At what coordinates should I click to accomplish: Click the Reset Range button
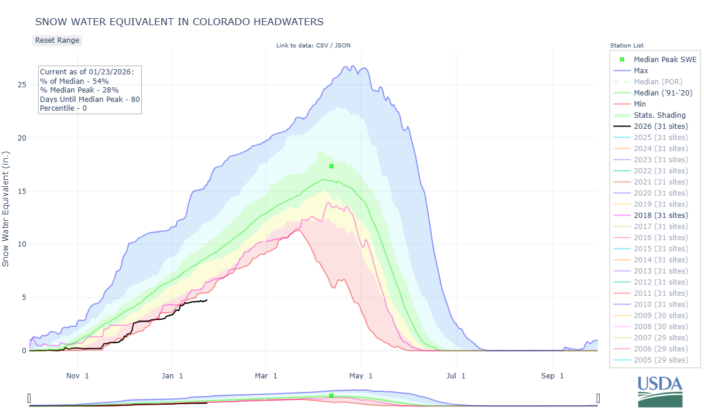pos(57,40)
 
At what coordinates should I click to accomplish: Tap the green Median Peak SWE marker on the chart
pos(331,166)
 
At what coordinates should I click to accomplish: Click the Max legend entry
pos(641,71)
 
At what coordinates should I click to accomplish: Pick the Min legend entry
pos(640,104)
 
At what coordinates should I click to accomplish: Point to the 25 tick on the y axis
pos(22,85)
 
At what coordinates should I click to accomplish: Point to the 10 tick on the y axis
pos(22,244)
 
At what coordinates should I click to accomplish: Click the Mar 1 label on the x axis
pos(266,375)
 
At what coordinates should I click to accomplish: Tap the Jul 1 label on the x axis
pos(455,375)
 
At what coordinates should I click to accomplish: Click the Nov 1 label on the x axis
pos(77,375)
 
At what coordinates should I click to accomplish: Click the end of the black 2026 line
pos(207,300)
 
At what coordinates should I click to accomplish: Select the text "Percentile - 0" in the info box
pos(63,108)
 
